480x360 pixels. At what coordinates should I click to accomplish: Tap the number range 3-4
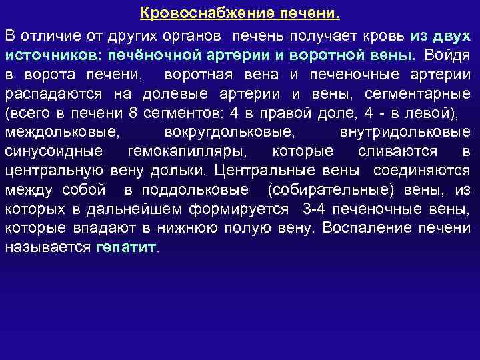314,209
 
